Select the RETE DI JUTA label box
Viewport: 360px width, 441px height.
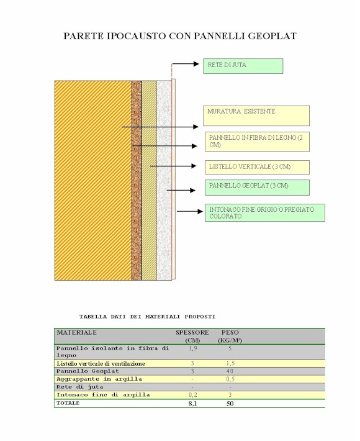coord(243,66)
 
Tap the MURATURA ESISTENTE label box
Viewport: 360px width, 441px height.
coord(256,116)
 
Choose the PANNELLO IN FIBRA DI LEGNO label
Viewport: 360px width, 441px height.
coord(257,142)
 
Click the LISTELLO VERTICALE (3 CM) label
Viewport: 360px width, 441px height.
coord(257,167)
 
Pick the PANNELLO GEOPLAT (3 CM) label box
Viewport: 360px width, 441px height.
coord(257,188)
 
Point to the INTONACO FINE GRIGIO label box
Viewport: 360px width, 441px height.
coord(265,212)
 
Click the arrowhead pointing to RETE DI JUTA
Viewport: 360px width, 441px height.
coord(196,64)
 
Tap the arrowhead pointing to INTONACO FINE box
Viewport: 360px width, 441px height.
coord(200,211)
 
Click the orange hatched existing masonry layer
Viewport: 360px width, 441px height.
coord(93,180)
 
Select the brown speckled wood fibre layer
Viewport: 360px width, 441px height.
coord(137,180)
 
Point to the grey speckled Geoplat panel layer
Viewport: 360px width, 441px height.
coord(164,180)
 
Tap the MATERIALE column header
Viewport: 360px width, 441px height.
coord(77,332)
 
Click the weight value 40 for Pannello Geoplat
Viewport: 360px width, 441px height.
coord(230,371)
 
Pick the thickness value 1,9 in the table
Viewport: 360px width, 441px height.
coord(192,348)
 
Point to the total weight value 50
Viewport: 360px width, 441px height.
coord(230,404)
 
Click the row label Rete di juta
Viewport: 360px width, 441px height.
coord(80,387)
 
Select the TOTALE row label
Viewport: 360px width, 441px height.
coord(68,403)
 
